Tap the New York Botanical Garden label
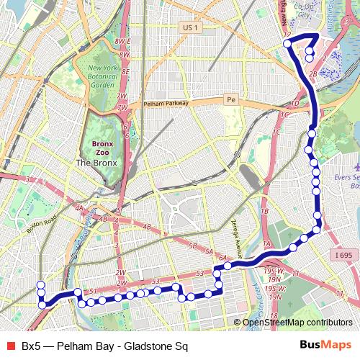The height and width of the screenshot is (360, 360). click(106, 76)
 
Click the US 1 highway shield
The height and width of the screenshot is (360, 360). click(190, 27)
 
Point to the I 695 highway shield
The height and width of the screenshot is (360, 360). click(345, 255)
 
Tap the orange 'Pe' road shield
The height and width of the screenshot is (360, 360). click(230, 99)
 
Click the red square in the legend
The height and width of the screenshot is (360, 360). click(9, 346)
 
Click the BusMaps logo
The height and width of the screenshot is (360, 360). click(325, 346)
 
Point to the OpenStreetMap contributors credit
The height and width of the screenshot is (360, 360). click(297, 323)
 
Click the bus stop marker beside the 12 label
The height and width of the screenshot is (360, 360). click(287, 44)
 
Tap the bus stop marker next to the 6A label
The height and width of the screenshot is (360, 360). click(227, 266)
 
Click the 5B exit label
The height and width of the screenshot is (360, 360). click(193, 246)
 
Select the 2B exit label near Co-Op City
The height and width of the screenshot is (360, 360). click(312, 74)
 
